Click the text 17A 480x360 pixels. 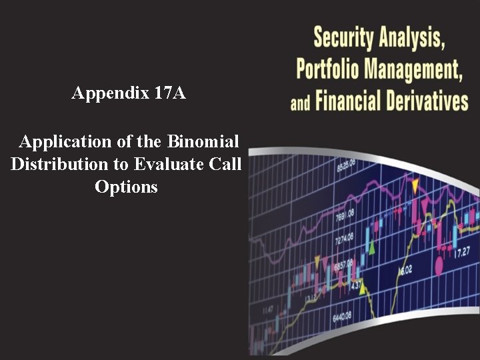click(169, 93)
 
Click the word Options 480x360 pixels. click(126, 187)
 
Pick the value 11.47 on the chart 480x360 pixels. click(268, 310)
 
